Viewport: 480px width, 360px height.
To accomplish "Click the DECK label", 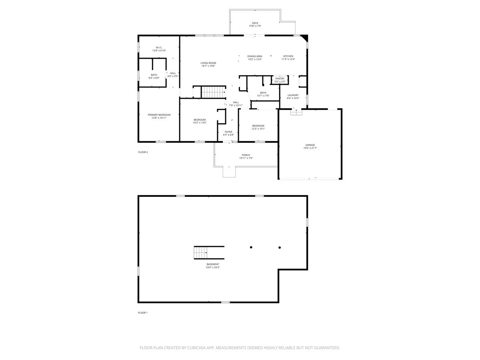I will click(x=255, y=23).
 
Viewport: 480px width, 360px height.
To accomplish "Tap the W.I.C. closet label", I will click(x=159, y=48).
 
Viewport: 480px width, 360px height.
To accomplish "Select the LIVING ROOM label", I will click(x=208, y=63).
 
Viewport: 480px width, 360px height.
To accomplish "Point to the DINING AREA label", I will click(x=254, y=56).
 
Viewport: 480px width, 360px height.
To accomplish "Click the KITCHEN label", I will click(x=288, y=56).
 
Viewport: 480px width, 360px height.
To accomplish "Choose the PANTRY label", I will click(x=280, y=78).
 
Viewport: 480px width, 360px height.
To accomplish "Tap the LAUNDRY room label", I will click(x=293, y=95).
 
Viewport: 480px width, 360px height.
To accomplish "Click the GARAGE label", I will click(x=310, y=145).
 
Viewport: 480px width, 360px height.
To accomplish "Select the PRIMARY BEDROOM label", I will click(x=159, y=115).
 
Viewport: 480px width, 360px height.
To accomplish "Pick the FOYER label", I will click(x=228, y=132).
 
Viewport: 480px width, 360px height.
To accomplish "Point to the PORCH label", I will click(x=246, y=155).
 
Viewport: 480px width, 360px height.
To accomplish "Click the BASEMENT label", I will click(x=213, y=264).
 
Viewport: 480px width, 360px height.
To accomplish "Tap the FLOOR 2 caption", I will click(x=143, y=152).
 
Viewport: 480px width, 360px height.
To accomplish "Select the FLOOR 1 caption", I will click(x=143, y=312).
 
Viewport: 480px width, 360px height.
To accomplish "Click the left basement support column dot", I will click(x=251, y=247).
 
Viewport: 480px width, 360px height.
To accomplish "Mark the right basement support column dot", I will click(x=280, y=247).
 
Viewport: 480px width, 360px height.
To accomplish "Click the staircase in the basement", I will click(x=201, y=253).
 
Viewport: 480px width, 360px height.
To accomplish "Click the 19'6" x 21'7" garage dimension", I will click(x=310, y=148).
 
